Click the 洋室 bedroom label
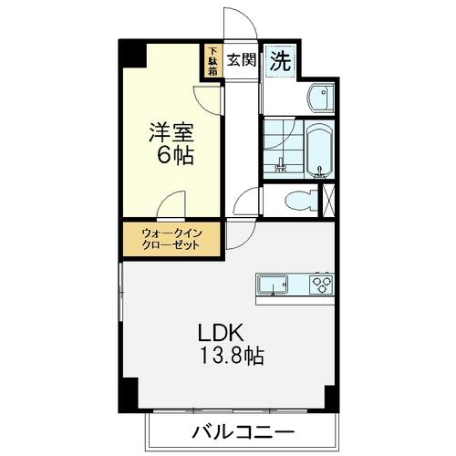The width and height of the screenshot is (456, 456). [171, 132]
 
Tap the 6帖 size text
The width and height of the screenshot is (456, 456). [175, 155]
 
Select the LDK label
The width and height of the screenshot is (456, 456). [221, 333]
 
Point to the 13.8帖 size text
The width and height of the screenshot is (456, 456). [232, 355]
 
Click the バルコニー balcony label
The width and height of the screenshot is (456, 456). [243, 431]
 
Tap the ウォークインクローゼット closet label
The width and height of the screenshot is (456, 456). [171, 239]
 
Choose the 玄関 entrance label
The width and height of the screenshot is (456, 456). [242, 59]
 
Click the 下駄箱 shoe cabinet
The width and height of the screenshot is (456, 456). [212, 61]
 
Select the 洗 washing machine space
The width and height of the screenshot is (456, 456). [280, 61]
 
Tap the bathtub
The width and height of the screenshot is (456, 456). [319, 149]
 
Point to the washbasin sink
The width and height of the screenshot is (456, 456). [321, 98]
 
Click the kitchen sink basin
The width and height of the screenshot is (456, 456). [273, 285]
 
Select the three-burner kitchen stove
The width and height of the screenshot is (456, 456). [322, 284]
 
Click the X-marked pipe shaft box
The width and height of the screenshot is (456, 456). [328, 201]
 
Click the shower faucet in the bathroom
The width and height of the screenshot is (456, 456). [280, 165]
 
